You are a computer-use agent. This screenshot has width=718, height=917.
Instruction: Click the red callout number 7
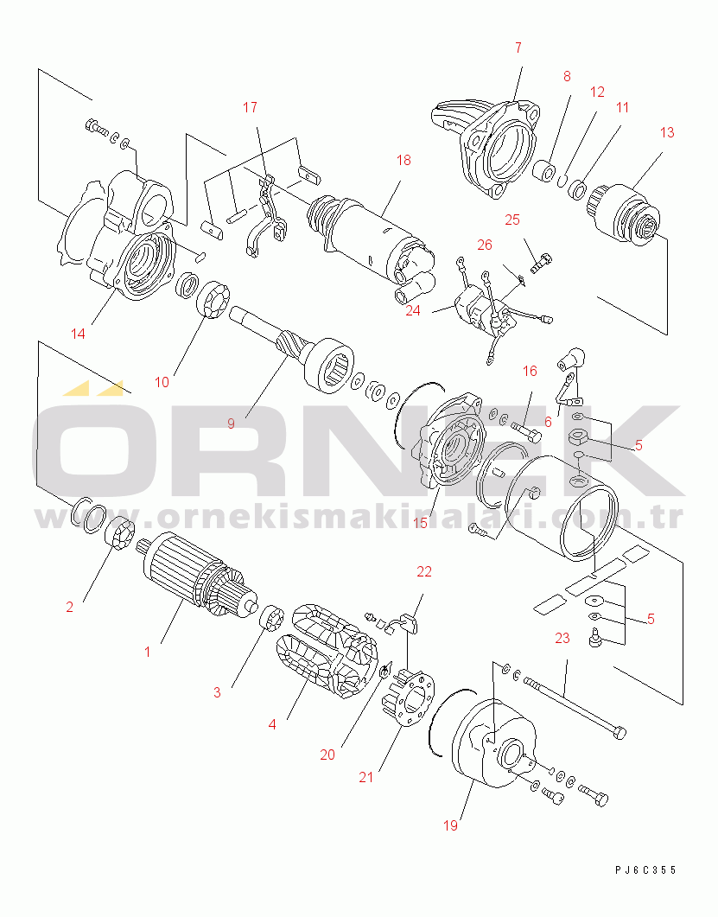click(518, 48)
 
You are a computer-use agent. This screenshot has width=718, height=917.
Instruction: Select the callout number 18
click(403, 160)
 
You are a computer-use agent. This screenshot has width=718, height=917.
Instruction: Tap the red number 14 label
click(78, 334)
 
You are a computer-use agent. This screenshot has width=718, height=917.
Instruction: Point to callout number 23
click(562, 638)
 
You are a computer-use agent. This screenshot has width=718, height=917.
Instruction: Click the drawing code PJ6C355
click(645, 869)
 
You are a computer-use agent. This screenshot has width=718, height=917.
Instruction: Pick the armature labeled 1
click(200, 574)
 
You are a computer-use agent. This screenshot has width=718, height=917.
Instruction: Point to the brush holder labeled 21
click(409, 699)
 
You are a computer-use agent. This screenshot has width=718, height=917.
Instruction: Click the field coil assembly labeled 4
click(327, 650)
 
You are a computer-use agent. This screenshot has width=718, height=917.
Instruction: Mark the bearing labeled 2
click(119, 533)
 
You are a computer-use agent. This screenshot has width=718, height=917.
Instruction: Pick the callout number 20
click(327, 755)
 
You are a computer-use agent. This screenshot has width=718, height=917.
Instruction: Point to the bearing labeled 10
click(213, 300)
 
